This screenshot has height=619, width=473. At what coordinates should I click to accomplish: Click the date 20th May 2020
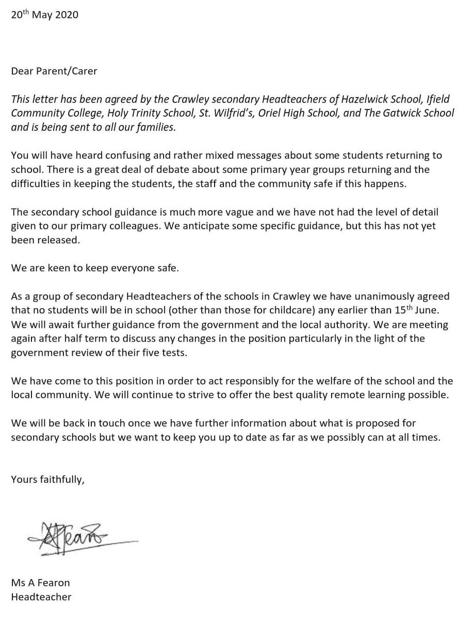pos(45,15)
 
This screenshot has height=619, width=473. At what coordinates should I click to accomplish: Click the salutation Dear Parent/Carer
pos(54,71)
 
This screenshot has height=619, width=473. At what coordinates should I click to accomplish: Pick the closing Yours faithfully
pos(47,480)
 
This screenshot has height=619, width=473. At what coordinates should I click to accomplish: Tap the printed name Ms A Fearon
pos(40,583)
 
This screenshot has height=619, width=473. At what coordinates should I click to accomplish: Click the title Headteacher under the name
pos(41,597)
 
